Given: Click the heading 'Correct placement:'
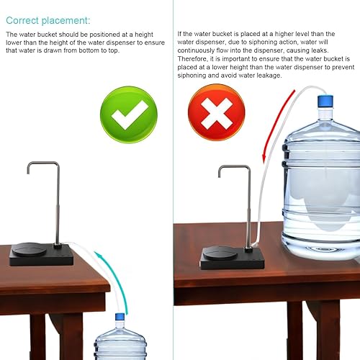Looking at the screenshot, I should click(48, 19).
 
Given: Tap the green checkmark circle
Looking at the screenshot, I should click(129, 112).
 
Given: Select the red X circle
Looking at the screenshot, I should click(216, 112).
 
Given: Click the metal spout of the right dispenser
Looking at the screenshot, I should click(233, 168).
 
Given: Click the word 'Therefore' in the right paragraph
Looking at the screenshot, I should click(192, 61).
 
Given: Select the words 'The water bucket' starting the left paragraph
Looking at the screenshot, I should click(27, 34).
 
